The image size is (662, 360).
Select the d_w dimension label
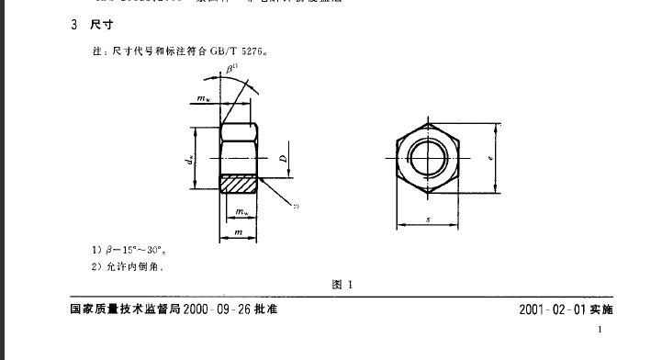190,160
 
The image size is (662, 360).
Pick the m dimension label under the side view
239,234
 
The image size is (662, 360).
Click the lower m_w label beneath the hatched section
241,214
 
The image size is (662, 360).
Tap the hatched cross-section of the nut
240,184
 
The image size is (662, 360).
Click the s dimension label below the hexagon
429,219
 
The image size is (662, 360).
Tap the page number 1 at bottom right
600,330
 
